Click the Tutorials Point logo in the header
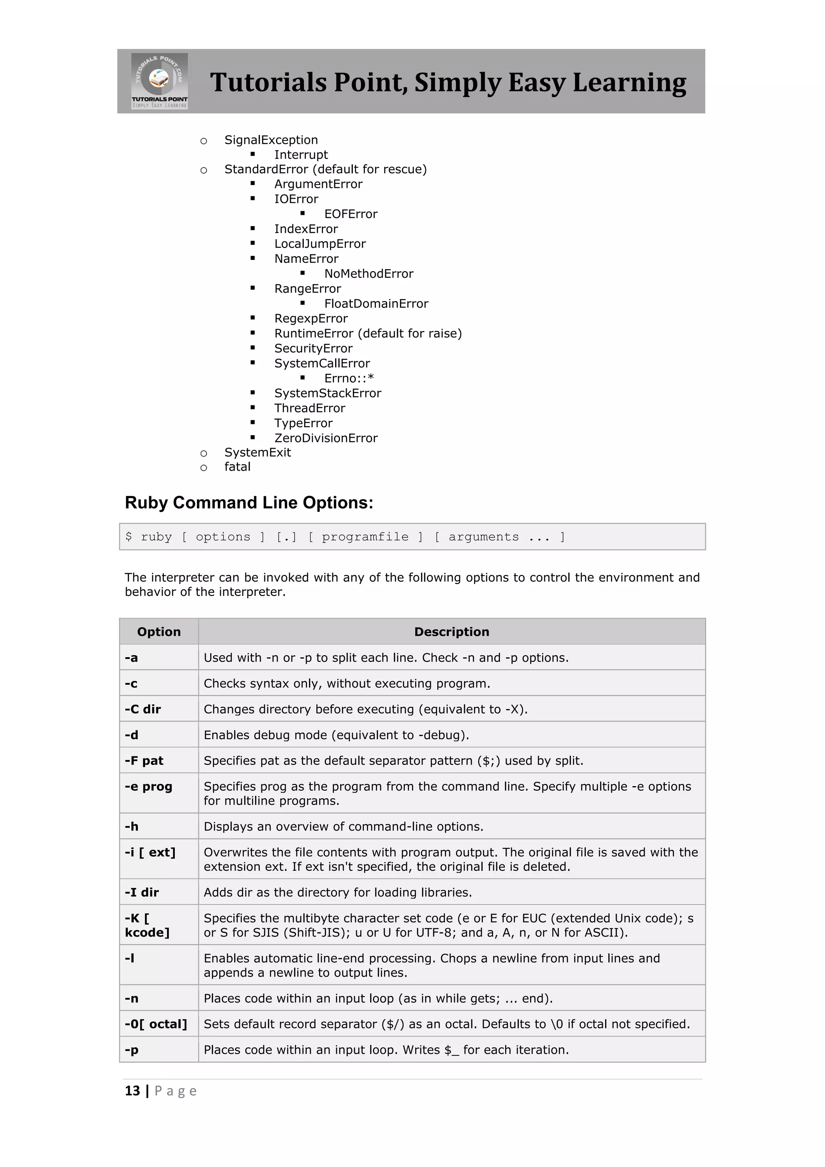(x=160, y=81)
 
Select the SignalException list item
(x=271, y=140)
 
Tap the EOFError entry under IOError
(x=350, y=214)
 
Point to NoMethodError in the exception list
(x=369, y=274)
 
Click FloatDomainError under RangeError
(x=376, y=303)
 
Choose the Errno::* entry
(x=349, y=378)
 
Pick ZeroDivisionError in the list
(x=325, y=438)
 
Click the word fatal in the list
(x=237, y=467)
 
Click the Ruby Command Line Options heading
(x=249, y=502)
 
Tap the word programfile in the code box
(x=365, y=537)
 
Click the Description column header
(x=452, y=632)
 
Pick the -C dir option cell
(x=143, y=709)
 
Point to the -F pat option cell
(x=144, y=760)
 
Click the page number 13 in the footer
(x=132, y=1091)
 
